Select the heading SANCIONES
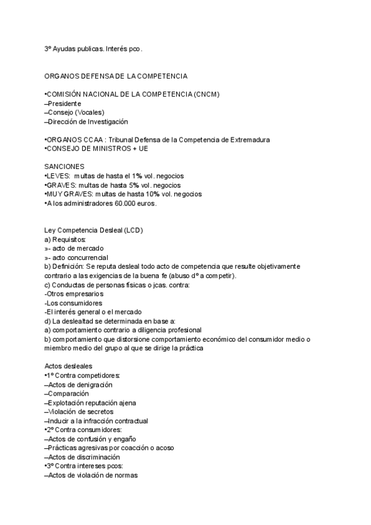tap(64, 167)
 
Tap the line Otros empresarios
tap(74, 294)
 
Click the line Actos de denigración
tap(81, 384)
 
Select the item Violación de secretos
tap(81, 412)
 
